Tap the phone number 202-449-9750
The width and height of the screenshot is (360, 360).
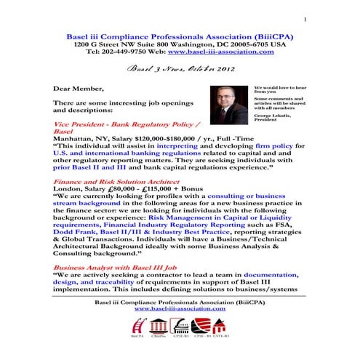pos(133,52)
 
